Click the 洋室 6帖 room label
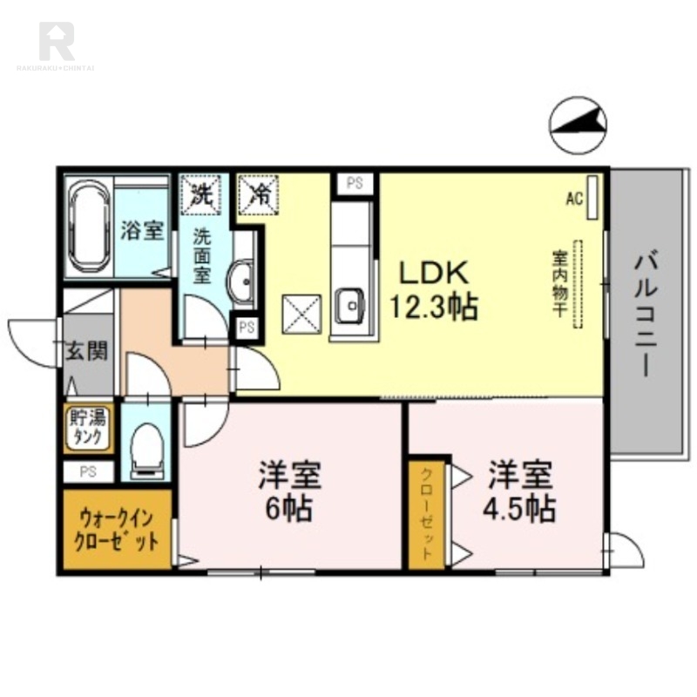click(290, 491)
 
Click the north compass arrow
click(579, 126)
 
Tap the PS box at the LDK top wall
click(355, 184)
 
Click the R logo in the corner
click(57, 40)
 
